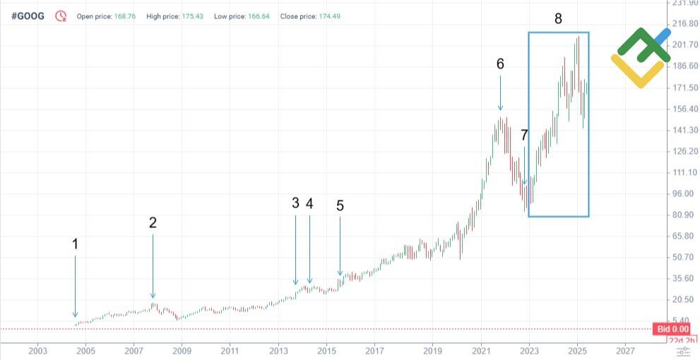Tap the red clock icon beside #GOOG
(61, 16)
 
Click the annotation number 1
(75, 244)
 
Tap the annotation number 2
(153, 222)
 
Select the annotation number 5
(340, 205)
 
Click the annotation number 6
(500, 64)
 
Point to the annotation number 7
(524, 136)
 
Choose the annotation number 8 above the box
(558, 19)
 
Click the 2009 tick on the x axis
(182, 350)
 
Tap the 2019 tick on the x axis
(432, 350)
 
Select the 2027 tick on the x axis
(624, 350)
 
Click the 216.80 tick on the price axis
(682, 24)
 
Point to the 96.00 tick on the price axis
(682, 194)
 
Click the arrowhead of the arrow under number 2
(153, 296)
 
